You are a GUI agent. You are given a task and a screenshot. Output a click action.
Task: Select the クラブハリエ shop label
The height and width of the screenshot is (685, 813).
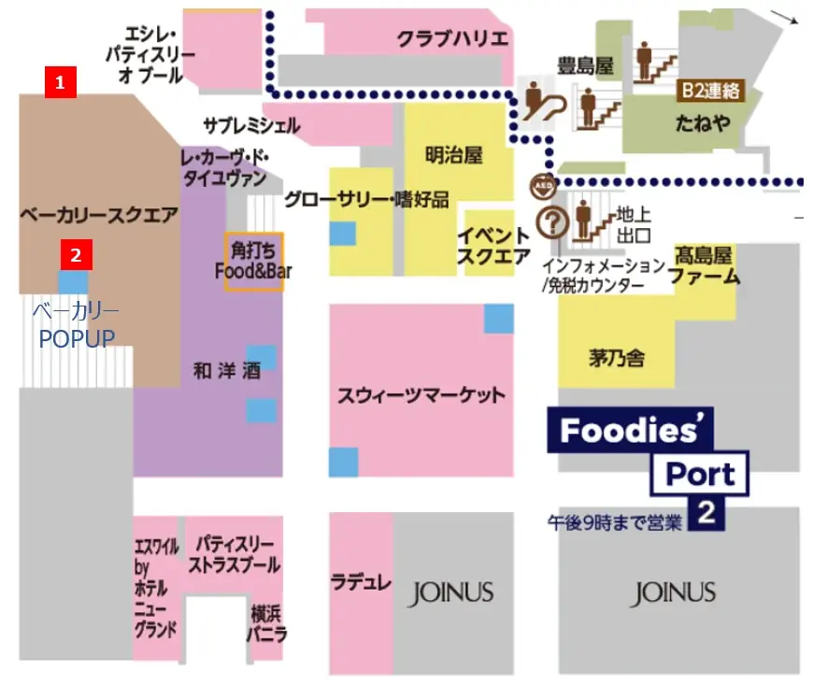(452, 40)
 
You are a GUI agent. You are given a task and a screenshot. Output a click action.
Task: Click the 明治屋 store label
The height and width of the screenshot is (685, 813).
(453, 155)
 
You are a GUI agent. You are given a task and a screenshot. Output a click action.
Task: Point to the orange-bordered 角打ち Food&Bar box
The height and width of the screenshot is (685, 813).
(253, 262)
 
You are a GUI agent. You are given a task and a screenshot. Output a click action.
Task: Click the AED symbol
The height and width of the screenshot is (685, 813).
(542, 183)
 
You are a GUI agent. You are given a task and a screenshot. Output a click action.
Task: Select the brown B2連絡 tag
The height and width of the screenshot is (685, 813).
(709, 90)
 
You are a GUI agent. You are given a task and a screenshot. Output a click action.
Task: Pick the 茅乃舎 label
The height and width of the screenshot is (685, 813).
(617, 358)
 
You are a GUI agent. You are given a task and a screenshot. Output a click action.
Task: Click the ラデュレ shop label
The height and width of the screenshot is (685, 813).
(361, 582)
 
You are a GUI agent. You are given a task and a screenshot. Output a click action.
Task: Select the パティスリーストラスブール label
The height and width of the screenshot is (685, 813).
(234, 554)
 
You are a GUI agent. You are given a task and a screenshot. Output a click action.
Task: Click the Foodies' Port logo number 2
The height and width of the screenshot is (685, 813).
(706, 515)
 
